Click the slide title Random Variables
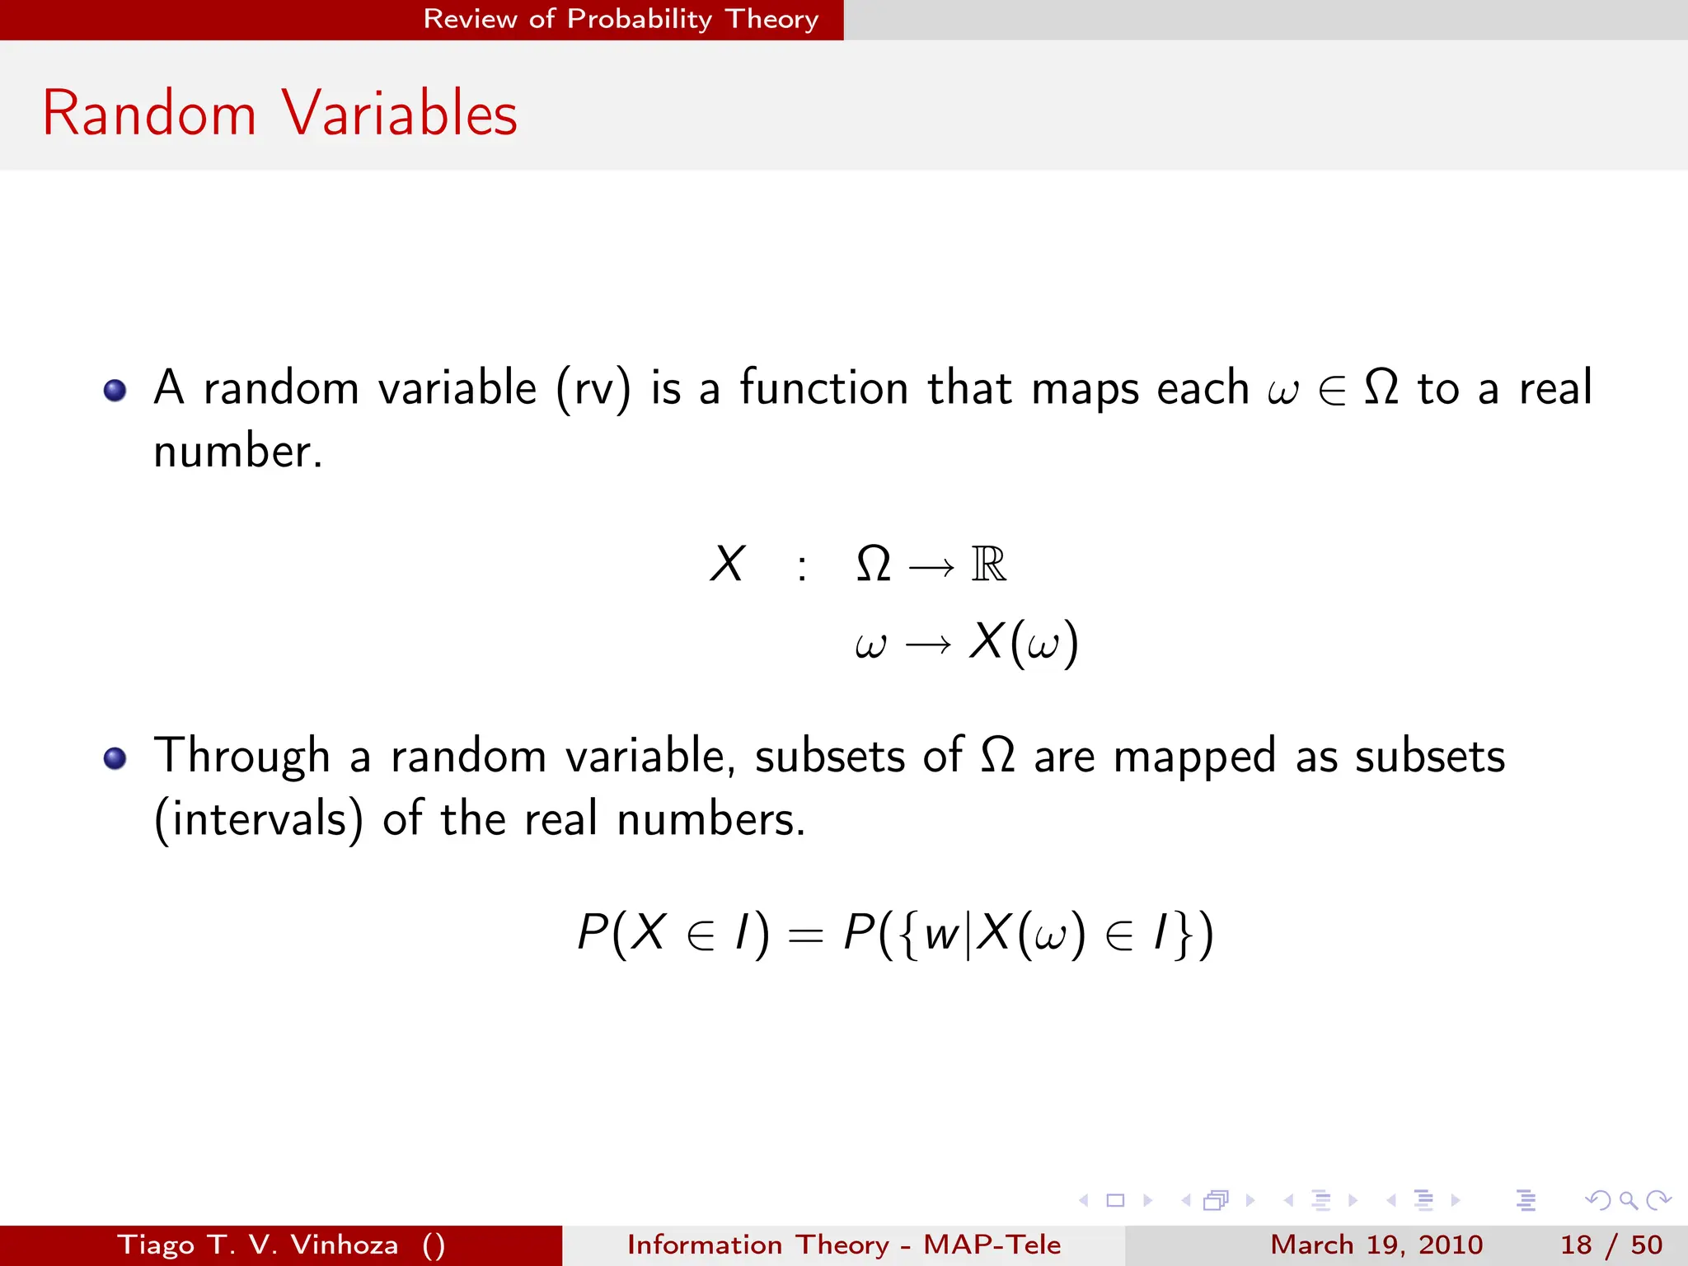[279, 113]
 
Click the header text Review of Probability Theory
[620, 19]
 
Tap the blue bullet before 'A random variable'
[115, 390]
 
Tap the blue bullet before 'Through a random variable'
[115, 757]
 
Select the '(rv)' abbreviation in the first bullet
[593, 389]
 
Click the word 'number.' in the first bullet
[238, 452]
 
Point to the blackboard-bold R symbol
[988, 565]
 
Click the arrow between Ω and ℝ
[931, 567]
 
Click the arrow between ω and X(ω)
[928, 645]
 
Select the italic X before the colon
[727, 565]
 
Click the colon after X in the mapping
[801, 567]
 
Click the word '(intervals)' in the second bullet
[259, 819]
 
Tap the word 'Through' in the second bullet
[241, 756]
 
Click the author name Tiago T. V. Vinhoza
[258, 1245]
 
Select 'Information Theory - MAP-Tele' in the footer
[843, 1245]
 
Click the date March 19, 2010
[1376, 1245]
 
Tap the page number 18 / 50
[1611, 1245]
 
